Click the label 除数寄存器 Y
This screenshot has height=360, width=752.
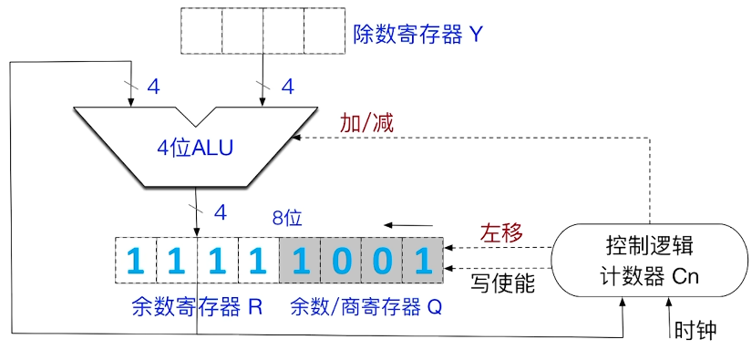click(417, 36)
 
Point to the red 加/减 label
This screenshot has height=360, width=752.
click(366, 123)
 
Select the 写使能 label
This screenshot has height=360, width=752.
click(502, 283)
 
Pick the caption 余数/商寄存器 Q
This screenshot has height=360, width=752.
click(366, 307)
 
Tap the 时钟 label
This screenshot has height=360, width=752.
click(695, 329)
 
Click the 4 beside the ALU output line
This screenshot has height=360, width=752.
click(219, 212)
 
